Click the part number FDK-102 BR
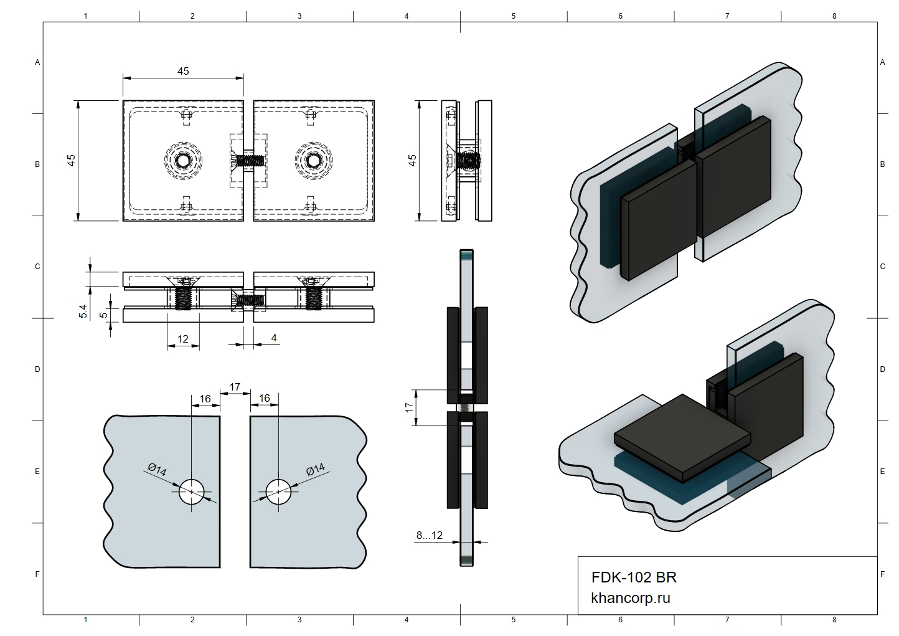point(634,577)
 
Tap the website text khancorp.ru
point(631,598)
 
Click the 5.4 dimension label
point(83,311)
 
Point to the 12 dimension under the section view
point(183,339)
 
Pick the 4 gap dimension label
point(274,338)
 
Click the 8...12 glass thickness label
point(429,535)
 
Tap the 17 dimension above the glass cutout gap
point(235,387)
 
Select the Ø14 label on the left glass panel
point(157,470)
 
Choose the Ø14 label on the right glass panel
point(316,470)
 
